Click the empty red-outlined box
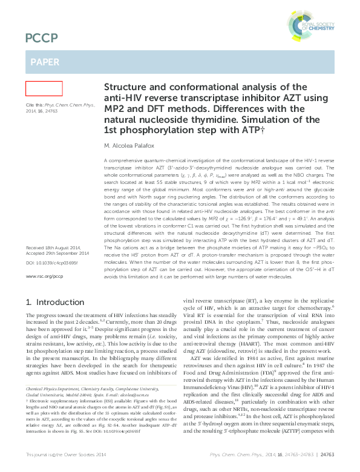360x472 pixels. (44, 89)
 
